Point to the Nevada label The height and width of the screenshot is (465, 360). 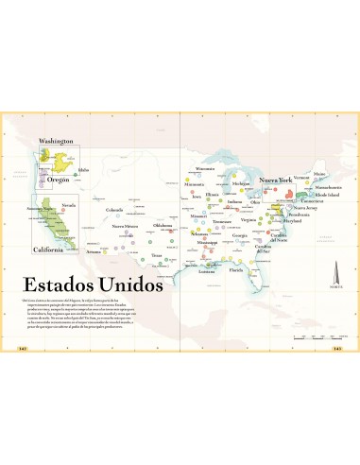pos(68,204)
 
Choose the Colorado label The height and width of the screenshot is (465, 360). pos(114,209)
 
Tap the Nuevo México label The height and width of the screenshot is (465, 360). pos(126,227)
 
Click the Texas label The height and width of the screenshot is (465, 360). pos(157,255)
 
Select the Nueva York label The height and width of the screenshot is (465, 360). pos(277,180)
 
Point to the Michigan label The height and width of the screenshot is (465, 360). pos(242,183)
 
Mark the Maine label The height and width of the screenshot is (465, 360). pos(319,174)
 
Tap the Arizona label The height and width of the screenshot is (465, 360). pos(94,252)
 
